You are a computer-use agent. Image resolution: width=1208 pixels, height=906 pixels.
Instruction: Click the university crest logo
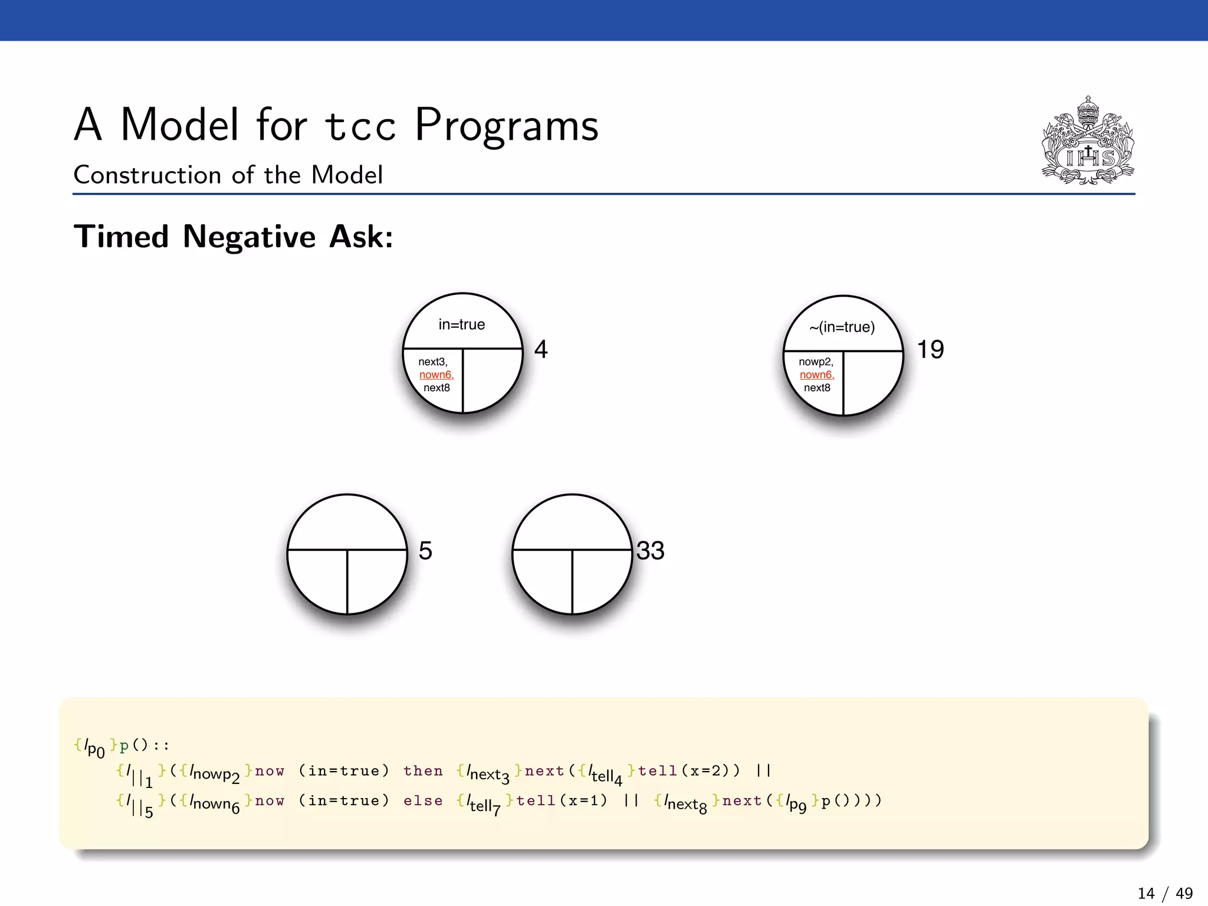[1088, 142]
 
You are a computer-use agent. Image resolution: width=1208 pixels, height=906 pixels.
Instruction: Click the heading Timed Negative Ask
[233, 237]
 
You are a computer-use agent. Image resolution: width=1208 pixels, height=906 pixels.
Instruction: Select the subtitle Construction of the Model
[228, 175]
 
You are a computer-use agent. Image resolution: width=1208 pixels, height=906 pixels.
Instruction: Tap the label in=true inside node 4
[462, 324]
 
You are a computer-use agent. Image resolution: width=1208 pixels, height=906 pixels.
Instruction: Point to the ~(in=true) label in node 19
[842, 327]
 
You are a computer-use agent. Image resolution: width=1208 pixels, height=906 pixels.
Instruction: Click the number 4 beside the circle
[541, 349]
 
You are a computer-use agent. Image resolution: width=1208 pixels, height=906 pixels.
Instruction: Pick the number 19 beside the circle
[930, 349]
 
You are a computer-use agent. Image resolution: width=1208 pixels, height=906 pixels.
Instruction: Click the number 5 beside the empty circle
[425, 550]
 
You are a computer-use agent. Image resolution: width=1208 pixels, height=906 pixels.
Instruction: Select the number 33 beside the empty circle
[650, 550]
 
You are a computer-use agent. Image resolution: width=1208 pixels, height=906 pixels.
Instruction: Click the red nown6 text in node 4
[436, 375]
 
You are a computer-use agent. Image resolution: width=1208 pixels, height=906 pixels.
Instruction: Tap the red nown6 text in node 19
[816, 375]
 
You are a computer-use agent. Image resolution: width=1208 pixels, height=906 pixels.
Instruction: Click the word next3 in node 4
[432, 362]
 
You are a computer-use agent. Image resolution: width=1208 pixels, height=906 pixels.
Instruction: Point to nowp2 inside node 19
[816, 362]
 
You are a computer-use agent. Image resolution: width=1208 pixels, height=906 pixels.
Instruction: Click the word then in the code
[423, 771]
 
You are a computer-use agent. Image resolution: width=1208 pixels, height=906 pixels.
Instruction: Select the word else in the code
[423, 801]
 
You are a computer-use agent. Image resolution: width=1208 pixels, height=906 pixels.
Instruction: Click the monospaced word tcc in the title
[360, 126]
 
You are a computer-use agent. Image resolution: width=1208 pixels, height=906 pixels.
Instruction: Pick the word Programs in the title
[507, 126]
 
